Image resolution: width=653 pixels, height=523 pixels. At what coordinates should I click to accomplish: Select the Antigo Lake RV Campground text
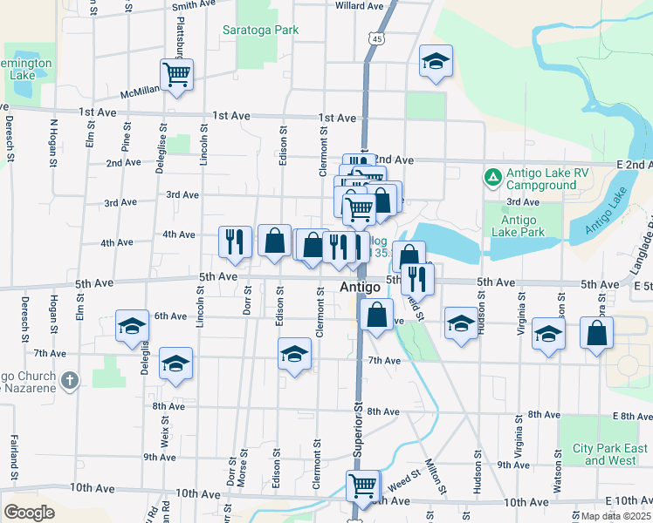pos(542,179)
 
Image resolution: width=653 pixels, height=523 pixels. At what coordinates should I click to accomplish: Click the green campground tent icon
pos(492,178)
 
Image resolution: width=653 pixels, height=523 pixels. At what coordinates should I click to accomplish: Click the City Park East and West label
pos(612,454)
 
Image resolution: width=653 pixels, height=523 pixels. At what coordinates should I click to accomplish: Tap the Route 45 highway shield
pos(375,39)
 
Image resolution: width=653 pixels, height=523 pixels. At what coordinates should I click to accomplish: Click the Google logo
pos(29,513)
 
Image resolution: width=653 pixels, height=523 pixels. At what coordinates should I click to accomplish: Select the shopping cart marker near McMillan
pos(176,74)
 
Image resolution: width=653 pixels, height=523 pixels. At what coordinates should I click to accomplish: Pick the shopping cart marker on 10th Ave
pos(361,485)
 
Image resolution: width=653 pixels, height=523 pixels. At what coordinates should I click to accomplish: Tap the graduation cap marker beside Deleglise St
pos(132,326)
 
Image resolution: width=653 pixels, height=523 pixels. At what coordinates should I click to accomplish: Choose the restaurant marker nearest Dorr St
pos(234,241)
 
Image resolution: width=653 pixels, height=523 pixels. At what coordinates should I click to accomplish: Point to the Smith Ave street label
pos(195,5)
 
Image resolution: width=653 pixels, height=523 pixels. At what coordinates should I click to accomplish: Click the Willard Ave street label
pos(360,5)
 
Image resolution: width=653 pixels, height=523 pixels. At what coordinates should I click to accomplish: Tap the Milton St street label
pos(433,474)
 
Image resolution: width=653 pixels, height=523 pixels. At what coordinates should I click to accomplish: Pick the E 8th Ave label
pos(633,416)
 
